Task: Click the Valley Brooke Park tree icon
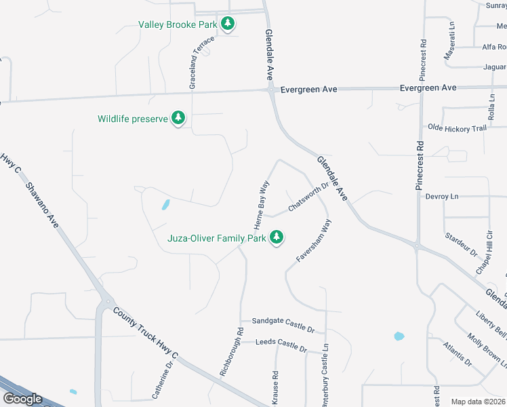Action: pyautogui.click(x=228, y=24)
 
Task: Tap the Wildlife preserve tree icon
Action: pyautogui.click(x=178, y=119)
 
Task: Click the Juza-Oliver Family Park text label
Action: pyautogui.click(x=217, y=239)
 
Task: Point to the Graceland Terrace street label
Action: pyautogui.click(x=201, y=62)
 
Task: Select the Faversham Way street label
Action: pyautogui.click(x=313, y=241)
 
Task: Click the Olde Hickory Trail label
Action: pyautogui.click(x=457, y=128)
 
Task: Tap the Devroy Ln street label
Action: pyautogui.click(x=442, y=196)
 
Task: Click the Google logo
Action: pyautogui.click(x=22, y=399)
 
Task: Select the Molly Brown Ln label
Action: pyautogui.click(x=486, y=349)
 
